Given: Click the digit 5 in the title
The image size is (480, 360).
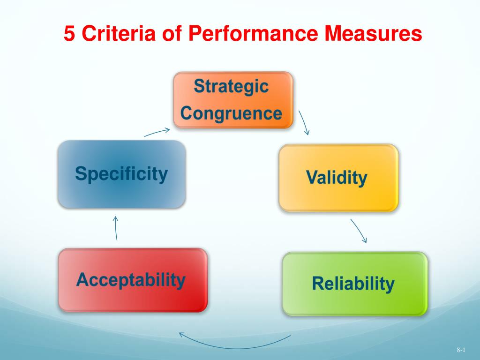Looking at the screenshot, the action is [69, 33].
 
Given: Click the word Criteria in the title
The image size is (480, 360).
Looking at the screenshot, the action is [119, 33].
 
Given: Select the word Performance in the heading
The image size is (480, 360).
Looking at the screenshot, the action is [253, 33].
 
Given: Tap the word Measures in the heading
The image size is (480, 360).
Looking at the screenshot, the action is [373, 33].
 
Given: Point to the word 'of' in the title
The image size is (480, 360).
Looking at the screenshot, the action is [172, 33].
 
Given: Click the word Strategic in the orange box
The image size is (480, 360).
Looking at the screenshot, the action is [232, 86].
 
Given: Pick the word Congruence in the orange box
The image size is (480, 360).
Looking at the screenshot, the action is [231, 113].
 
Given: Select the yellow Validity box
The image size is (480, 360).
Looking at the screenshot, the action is [338, 178].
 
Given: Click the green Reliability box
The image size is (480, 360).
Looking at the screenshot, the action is [355, 284].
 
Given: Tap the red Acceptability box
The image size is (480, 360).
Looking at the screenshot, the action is [133, 280].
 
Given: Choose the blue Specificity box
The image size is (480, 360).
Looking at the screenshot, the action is [121, 174].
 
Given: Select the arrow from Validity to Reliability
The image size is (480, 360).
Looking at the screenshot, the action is [359, 231].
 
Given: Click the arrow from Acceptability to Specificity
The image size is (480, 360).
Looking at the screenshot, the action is [116, 228].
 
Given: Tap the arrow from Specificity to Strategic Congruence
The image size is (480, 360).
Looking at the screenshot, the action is [157, 132].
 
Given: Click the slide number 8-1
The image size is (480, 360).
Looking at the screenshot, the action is [461, 350].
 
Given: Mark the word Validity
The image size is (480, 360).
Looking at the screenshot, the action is [337, 178].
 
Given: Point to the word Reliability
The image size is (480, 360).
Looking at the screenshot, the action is [353, 284].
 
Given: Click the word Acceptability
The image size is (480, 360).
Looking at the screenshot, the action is [131, 280].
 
